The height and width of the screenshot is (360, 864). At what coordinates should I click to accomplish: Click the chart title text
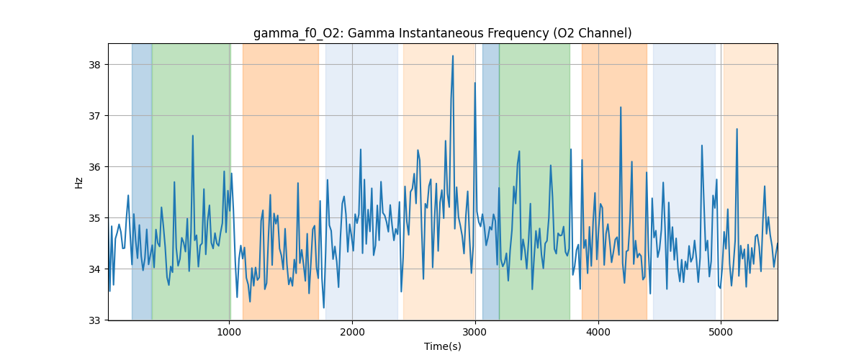pyautogui.click(x=442, y=33)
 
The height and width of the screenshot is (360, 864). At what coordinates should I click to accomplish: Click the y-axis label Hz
pyautogui.click(x=79, y=182)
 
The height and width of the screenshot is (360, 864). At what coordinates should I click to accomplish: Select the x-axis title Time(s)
pyautogui.click(x=442, y=346)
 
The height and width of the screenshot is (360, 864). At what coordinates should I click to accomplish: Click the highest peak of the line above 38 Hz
pyautogui.click(x=453, y=56)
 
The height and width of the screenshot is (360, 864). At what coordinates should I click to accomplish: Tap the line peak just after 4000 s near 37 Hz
pyautogui.click(x=620, y=107)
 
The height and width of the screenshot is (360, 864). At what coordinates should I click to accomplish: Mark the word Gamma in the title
pyautogui.click(x=359, y=33)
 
